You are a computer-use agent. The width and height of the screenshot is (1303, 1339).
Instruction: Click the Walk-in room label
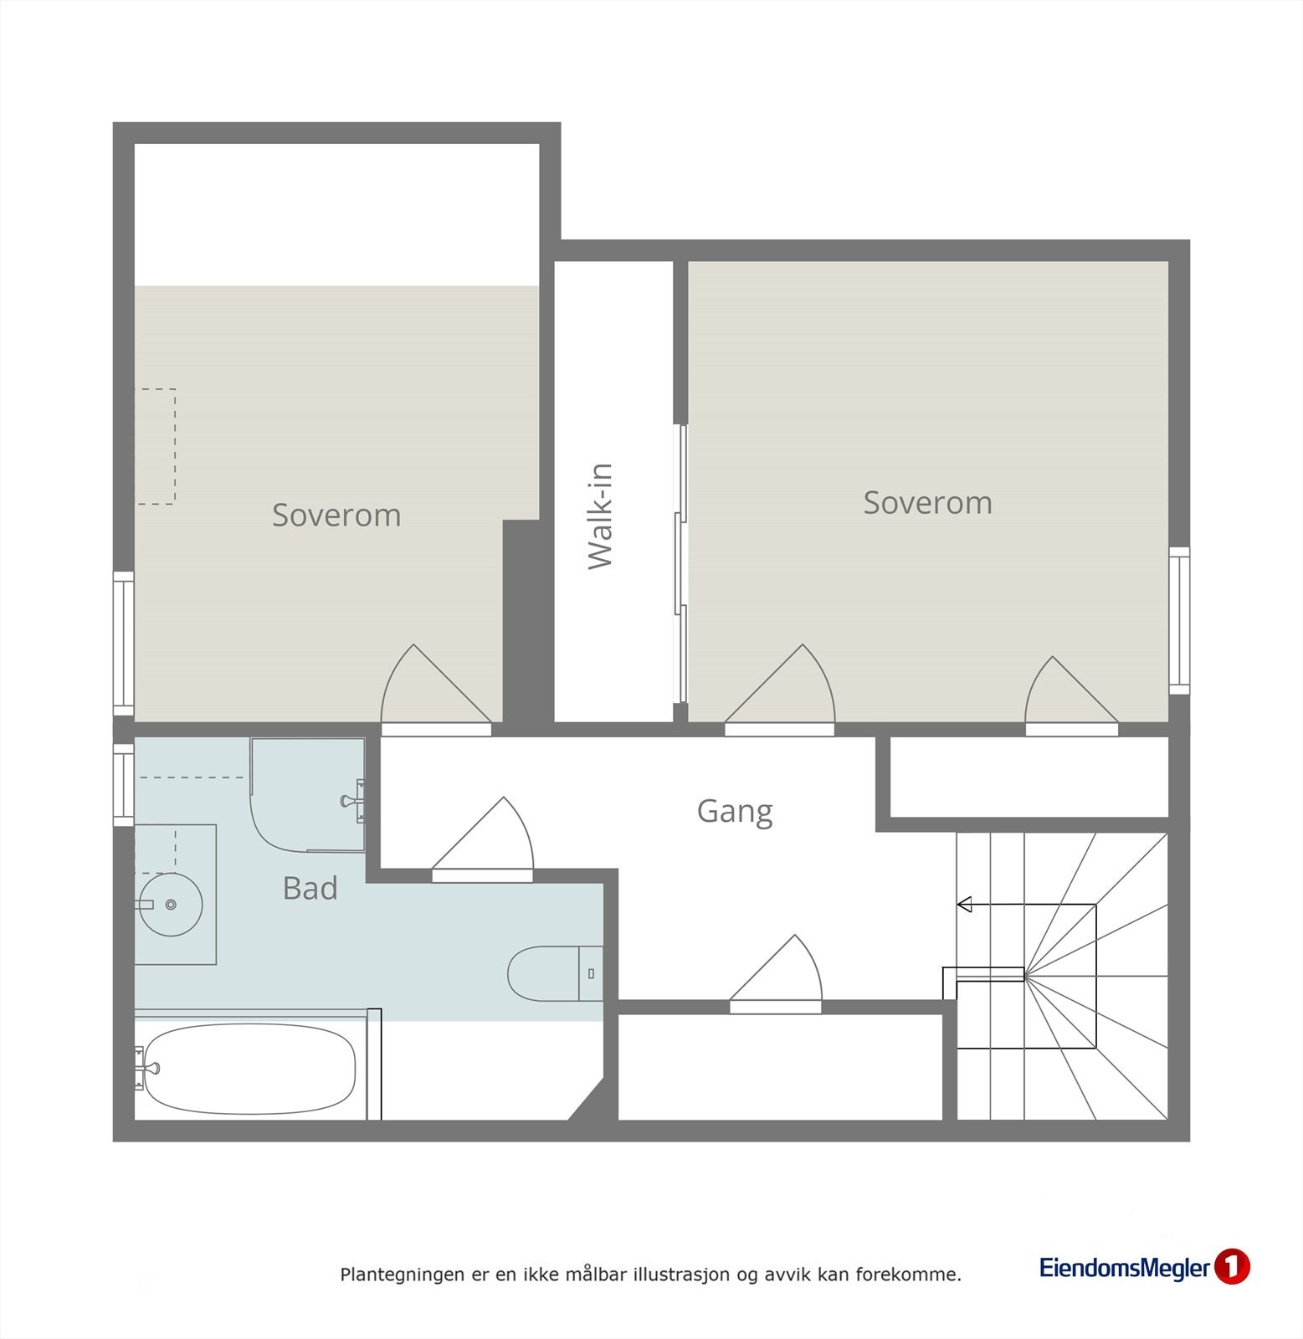point(601,516)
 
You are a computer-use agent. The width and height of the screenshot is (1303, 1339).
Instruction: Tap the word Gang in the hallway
point(735,811)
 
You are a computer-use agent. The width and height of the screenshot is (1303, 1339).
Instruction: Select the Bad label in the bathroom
point(310,888)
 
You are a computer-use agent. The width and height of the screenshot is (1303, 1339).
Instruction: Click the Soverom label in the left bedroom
point(336,515)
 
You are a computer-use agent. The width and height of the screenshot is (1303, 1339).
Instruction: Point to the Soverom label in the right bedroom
point(927,502)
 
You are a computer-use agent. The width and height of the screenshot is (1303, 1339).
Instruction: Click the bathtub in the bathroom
point(249,1069)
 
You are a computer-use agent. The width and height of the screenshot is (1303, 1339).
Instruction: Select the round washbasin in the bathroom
point(171,905)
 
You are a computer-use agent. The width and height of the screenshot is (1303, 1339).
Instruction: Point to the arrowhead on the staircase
point(964,904)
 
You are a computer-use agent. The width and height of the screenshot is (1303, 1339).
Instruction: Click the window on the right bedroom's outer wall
point(1179,620)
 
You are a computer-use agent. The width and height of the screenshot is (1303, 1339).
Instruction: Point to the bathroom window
point(123,784)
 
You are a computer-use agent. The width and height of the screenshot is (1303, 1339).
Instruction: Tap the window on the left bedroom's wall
point(123,643)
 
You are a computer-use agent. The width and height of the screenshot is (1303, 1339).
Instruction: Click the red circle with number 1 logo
point(1231,1267)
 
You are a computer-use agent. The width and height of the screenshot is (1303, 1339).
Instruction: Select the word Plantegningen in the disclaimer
point(390,1275)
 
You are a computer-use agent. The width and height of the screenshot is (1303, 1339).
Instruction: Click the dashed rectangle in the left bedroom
point(156,446)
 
